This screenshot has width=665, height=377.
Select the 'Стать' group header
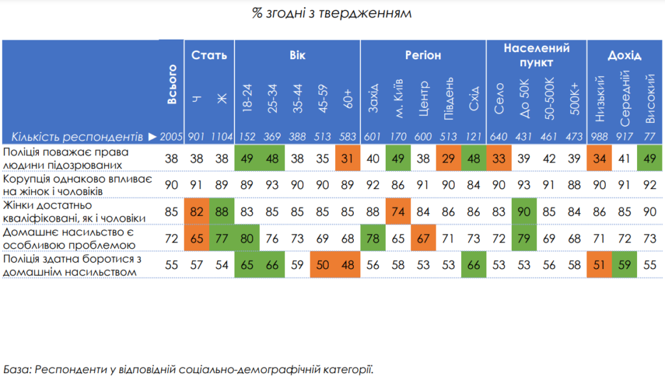(208, 55)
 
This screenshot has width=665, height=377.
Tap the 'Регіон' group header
(423, 55)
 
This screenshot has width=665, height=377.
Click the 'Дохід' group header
(624, 55)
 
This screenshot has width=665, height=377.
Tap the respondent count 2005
(172, 137)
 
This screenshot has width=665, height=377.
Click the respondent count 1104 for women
(221, 137)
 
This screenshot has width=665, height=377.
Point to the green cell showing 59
(625, 265)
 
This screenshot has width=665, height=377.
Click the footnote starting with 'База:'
(189, 369)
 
